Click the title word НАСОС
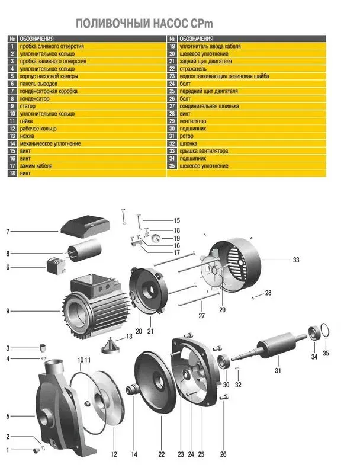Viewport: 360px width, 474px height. point(170,24)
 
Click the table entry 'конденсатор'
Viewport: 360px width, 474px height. point(34,98)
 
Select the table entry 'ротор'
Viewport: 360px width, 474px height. point(187,136)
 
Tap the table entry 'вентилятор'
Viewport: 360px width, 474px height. point(193,121)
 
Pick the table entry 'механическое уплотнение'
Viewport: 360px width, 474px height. point(50,143)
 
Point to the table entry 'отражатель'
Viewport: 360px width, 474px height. point(193,69)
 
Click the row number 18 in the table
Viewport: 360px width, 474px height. point(12,173)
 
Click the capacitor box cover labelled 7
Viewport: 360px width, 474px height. point(85,226)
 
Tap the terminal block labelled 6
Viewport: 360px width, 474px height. point(56,265)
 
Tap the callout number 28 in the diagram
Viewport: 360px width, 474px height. point(268,293)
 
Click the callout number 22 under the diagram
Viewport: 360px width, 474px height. point(162,454)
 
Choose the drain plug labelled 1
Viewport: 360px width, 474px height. point(37,450)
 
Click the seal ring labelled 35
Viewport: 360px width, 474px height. point(325,330)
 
